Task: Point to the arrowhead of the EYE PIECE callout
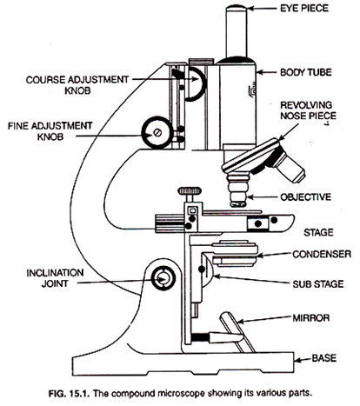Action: point(271,11)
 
